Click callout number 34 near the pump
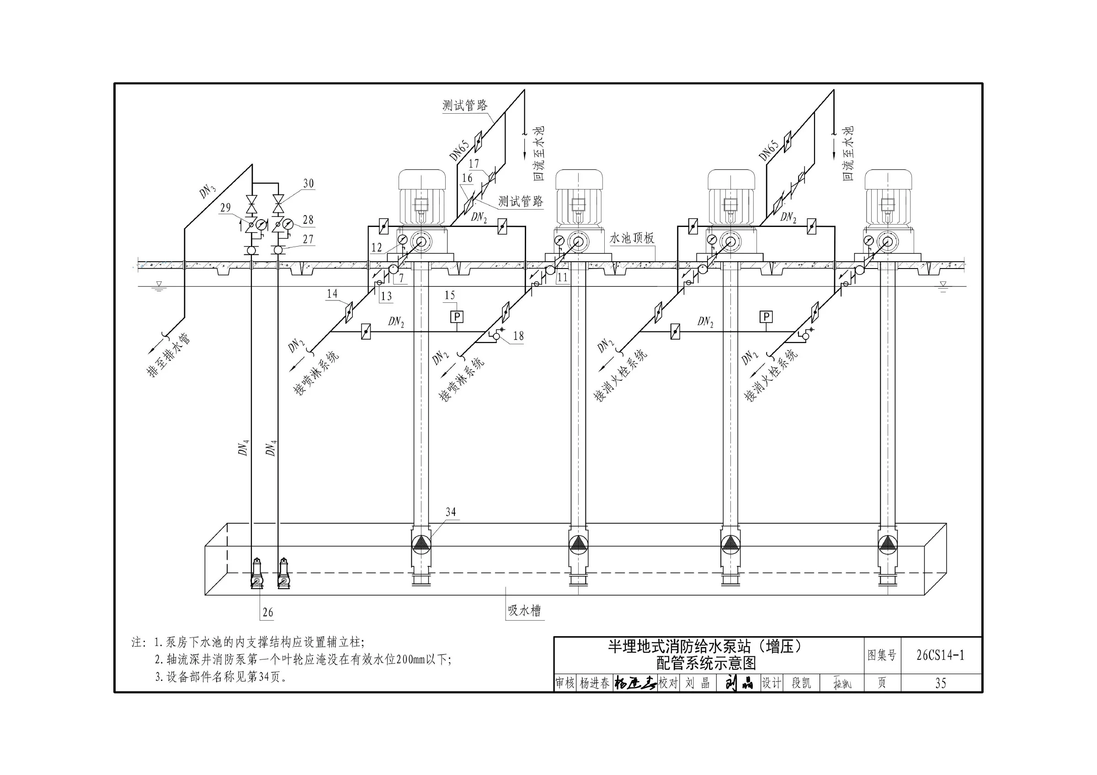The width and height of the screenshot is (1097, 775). tap(451, 512)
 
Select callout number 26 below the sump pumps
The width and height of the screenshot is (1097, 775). tap(267, 612)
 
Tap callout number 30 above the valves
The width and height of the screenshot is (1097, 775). tap(308, 184)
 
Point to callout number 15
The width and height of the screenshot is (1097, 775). tap(450, 295)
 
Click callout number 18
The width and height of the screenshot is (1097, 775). tap(518, 336)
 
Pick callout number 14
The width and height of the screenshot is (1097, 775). tap(332, 293)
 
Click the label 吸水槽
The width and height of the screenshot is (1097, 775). tap(524, 610)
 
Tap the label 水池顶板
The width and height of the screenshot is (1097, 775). tap(632, 238)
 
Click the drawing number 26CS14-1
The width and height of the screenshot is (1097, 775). tap(940, 655)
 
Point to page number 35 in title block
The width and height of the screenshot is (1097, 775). tap(940, 683)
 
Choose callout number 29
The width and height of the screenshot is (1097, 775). tap(225, 207)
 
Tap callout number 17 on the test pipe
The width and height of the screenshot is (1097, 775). tap(474, 164)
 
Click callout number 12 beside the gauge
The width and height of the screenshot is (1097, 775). tap(377, 248)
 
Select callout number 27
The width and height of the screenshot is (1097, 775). tap(308, 239)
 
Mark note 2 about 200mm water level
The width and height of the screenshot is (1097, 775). tap(303, 659)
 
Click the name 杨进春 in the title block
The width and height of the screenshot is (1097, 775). tap(595, 683)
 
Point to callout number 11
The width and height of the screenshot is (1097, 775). tap(562, 277)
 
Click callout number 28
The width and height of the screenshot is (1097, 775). tap(308, 220)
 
